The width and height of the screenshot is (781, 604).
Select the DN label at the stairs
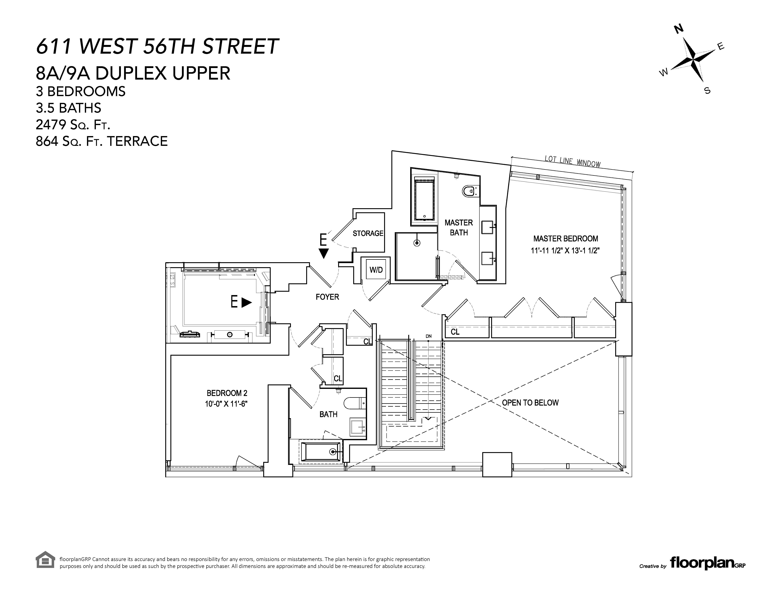click(428, 336)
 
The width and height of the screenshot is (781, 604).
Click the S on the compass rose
click(707, 91)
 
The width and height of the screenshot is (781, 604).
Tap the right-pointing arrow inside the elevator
click(246, 303)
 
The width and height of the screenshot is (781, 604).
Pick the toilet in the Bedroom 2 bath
click(354, 403)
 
